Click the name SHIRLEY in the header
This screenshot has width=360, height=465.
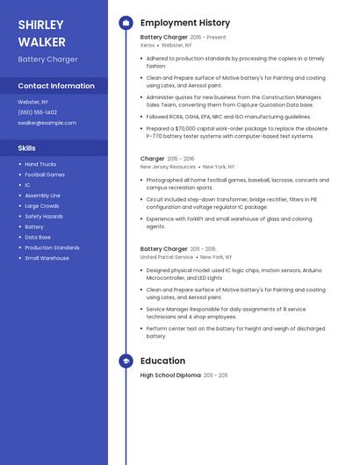pos(40,25)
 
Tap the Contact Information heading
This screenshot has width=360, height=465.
pos(56,86)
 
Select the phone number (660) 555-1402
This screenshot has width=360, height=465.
pos(38,112)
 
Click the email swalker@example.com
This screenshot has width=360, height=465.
pos(47,123)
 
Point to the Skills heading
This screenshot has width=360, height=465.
pos(27,148)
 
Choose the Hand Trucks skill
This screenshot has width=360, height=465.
pos(40,164)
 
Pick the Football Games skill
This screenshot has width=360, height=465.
pos(45,175)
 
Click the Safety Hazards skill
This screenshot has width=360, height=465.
pos(44,216)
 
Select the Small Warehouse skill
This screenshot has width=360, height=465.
pos(47,258)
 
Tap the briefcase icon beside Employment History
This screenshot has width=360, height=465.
pos(126,23)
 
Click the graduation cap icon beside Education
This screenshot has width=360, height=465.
pos(126,361)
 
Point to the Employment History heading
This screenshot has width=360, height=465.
pos(184,23)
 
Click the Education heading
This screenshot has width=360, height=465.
pos(162,361)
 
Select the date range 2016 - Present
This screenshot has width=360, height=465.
pos(208,38)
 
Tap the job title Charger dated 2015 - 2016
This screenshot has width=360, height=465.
pos(152,159)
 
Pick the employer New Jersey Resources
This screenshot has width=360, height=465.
pos(168,166)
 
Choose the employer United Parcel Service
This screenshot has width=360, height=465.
pos(167,257)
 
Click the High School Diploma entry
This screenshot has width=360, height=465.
pos(170,376)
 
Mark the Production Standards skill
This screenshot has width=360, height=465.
pos(52,247)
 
